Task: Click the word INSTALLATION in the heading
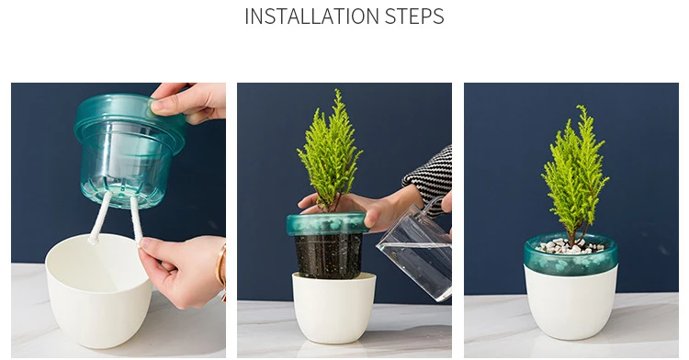tap(312, 17)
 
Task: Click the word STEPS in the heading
tap(414, 17)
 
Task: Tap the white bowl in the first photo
tap(99, 290)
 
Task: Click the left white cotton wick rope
tap(100, 218)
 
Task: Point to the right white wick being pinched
tap(136, 219)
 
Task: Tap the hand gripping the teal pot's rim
tap(190, 102)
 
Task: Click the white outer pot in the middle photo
tap(334, 308)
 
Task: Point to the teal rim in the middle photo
tap(327, 224)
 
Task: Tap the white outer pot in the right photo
tap(570, 303)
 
